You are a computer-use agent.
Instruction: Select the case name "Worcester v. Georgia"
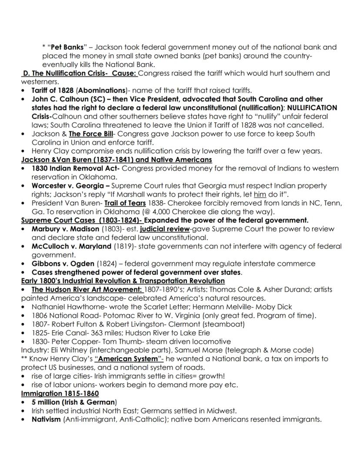tap(64, 186)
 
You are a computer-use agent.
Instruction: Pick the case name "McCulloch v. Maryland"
tap(71, 246)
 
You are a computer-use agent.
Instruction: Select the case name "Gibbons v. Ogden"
tap(63, 264)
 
